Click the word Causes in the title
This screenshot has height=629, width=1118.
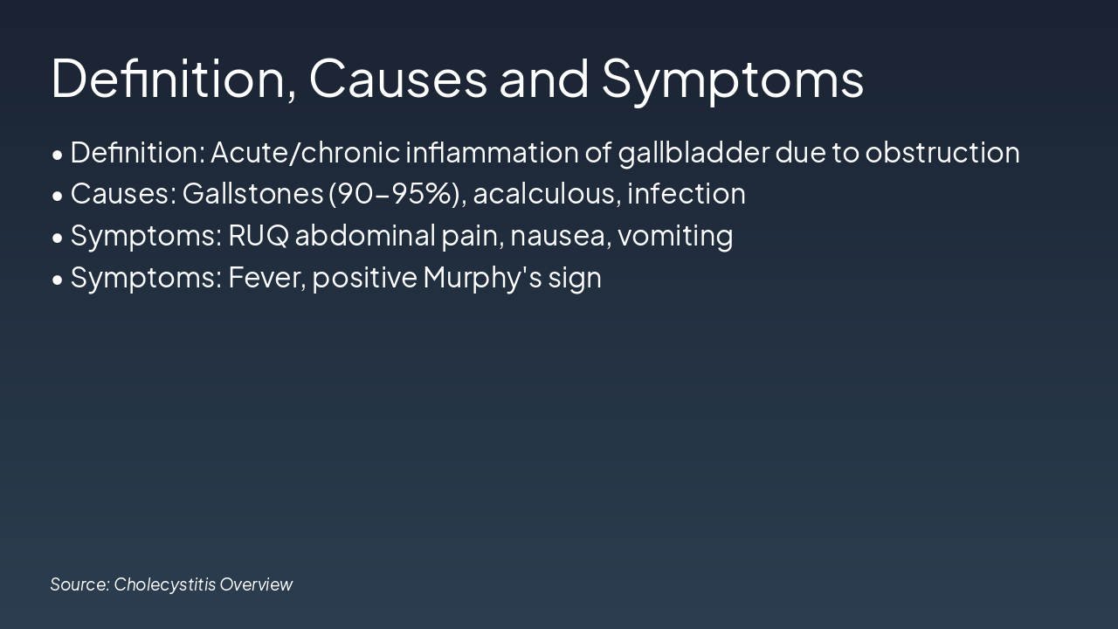tap(397, 79)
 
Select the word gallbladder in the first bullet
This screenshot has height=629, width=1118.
tap(694, 153)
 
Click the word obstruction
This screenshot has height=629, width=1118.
tap(942, 152)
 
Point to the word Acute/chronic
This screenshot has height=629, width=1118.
tap(306, 152)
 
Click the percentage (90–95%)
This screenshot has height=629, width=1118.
tap(394, 194)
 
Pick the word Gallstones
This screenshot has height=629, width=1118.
tap(253, 194)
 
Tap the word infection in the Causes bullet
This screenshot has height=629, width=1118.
tap(687, 194)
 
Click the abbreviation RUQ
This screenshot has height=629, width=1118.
tap(259, 236)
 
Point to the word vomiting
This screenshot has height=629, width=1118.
tap(675, 236)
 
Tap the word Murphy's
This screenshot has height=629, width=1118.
tap(483, 278)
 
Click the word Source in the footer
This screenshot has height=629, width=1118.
tap(79, 584)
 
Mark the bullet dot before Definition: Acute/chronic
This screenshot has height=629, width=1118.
tap(58, 156)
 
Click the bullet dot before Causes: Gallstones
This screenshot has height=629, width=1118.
tap(58, 197)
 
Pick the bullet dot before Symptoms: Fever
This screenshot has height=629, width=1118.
tap(58, 280)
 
